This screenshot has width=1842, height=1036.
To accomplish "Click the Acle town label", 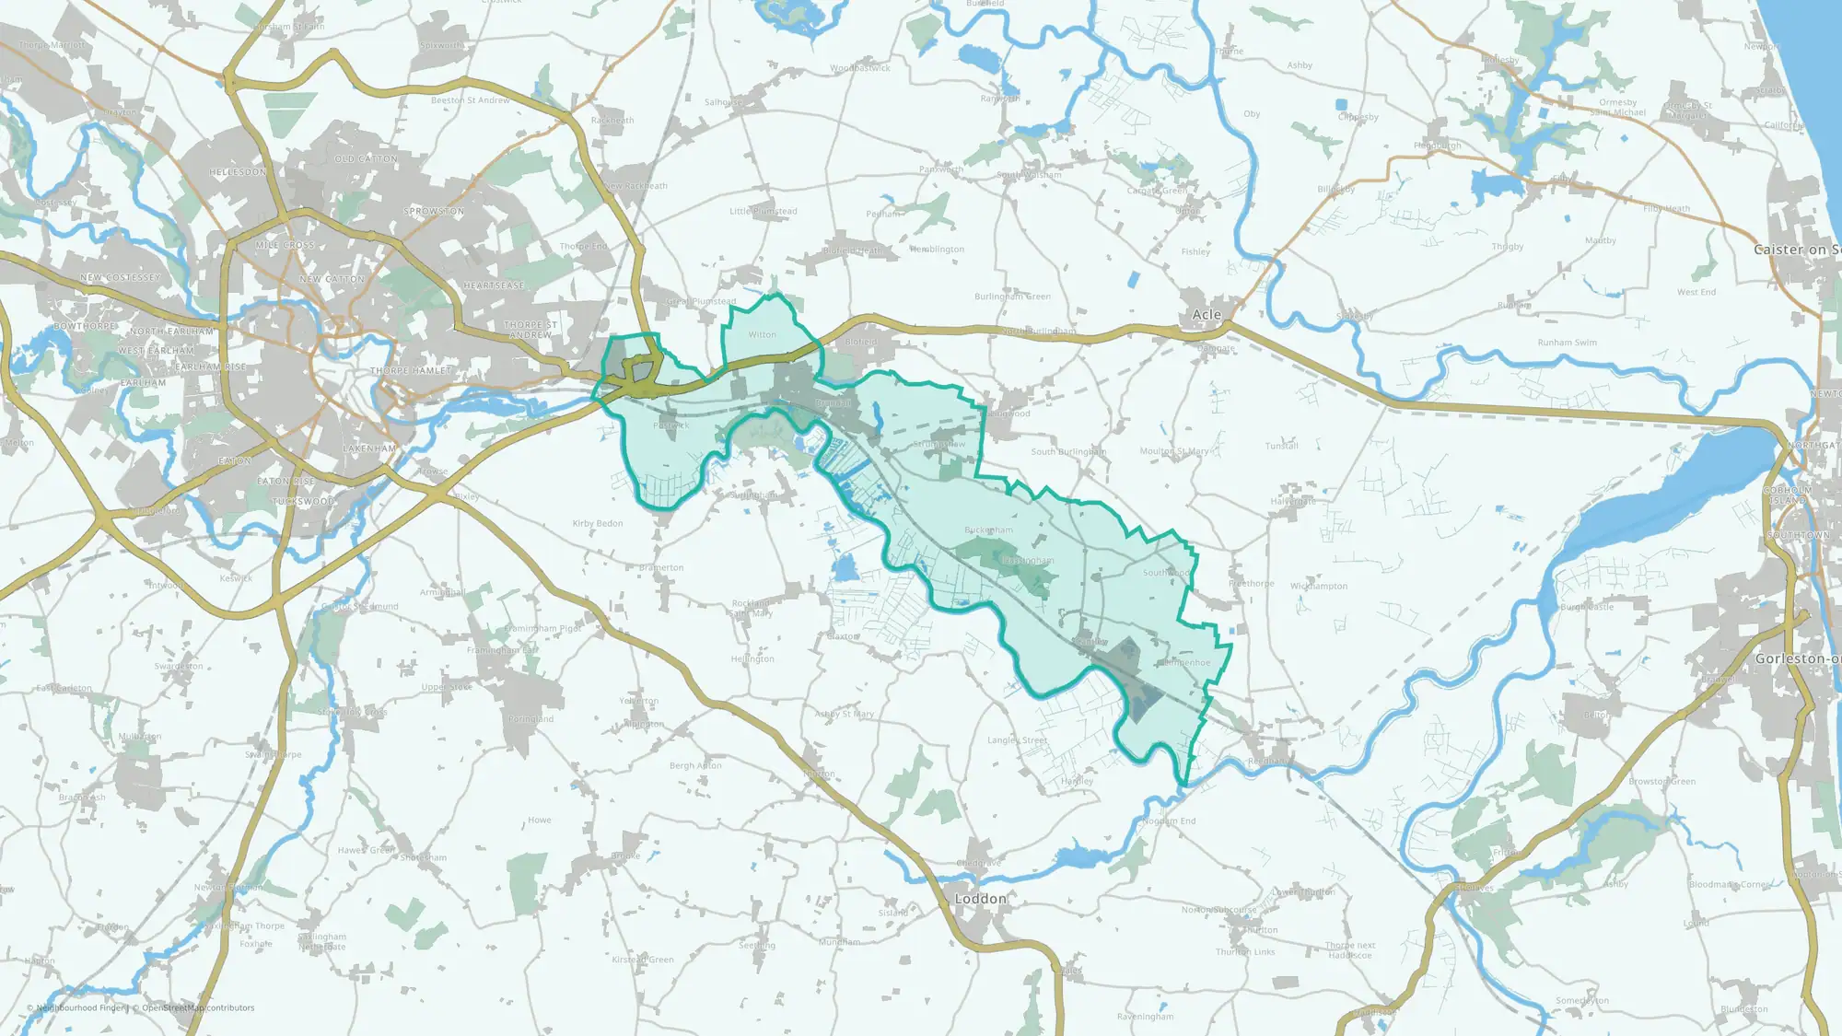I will click(1207, 315).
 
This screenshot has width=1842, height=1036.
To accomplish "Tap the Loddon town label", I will click(980, 899).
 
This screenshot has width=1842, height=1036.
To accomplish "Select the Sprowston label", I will click(434, 212).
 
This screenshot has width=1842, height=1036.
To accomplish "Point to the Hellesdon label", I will click(238, 172).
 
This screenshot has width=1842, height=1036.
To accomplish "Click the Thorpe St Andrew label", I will click(530, 330).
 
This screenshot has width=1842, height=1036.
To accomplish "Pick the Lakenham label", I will click(368, 448).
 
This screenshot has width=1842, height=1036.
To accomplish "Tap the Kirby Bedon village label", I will click(598, 524).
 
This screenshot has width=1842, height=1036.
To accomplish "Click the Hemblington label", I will click(937, 250).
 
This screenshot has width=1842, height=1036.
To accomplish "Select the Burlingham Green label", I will click(1012, 297).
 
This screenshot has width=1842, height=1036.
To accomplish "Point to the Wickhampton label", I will click(1318, 587).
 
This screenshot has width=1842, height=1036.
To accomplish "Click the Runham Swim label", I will click(1567, 343).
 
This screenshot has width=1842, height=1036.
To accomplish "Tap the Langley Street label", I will click(1017, 740).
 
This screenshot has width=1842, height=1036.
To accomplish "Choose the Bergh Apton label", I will click(695, 766).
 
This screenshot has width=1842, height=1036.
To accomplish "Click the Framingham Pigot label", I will click(542, 629).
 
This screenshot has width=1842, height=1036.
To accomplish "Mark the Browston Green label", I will click(1661, 782).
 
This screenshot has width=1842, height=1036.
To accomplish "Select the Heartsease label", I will click(494, 286).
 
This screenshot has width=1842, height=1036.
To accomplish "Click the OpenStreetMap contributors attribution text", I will click(198, 1008).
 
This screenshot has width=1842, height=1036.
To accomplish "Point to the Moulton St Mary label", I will click(1173, 451).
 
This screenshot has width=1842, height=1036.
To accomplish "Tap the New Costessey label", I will click(120, 277).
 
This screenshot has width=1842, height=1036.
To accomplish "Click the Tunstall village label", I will click(1281, 446).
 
